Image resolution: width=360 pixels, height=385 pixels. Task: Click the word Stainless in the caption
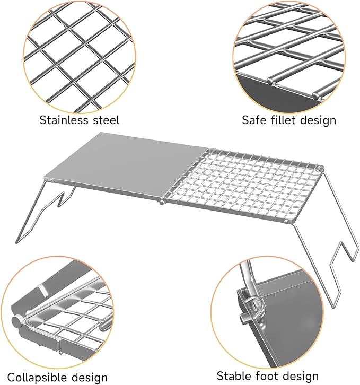coord(64,120)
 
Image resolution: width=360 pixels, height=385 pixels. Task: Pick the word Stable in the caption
coord(234,376)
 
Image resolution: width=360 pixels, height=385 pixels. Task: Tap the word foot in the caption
coord(267,376)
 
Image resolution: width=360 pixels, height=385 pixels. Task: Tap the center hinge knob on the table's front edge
coord(162,203)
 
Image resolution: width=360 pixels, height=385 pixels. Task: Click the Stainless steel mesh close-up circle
coord(79,58)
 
